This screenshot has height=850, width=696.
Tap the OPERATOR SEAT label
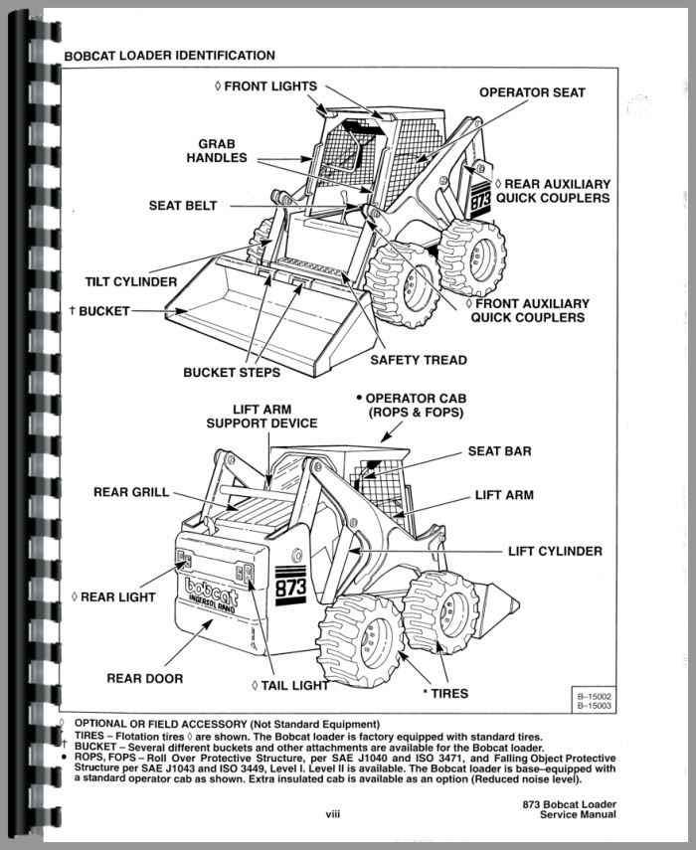[533, 92]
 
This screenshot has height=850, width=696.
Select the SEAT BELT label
[183, 206]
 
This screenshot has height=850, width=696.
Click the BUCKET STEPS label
[232, 373]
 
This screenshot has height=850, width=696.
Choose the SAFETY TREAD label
[419, 360]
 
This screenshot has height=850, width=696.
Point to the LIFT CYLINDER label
[555, 550]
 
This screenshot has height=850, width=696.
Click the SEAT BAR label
[499, 450]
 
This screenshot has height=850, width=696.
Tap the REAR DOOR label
[144, 679]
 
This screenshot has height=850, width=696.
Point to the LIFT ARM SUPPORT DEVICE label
[261, 416]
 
